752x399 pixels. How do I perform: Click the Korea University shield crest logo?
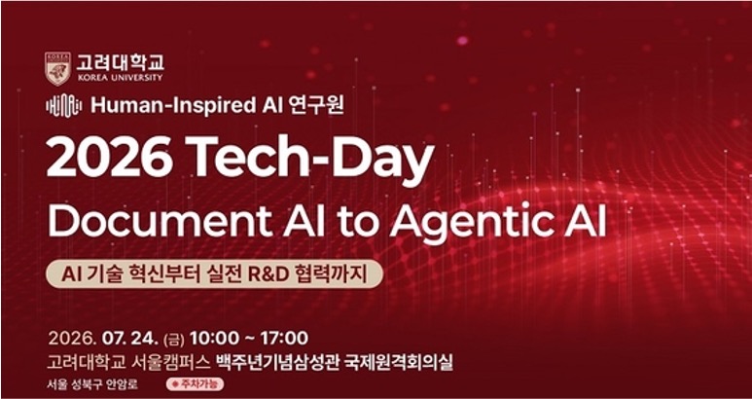(x=58, y=68)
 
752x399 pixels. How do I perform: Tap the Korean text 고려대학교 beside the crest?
(x=121, y=63)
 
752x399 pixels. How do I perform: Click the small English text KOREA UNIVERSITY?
(x=120, y=78)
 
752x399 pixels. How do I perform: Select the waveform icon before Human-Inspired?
(x=64, y=106)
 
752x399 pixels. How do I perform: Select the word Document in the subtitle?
(x=160, y=222)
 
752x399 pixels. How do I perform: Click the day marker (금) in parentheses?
(x=173, y=339)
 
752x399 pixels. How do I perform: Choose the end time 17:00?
(x=284, y=338)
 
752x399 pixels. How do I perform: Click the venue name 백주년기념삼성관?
(x=277, y=362)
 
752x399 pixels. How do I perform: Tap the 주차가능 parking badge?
(x=195, y=384)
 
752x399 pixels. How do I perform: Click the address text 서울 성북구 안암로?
(x=92, y=385)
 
